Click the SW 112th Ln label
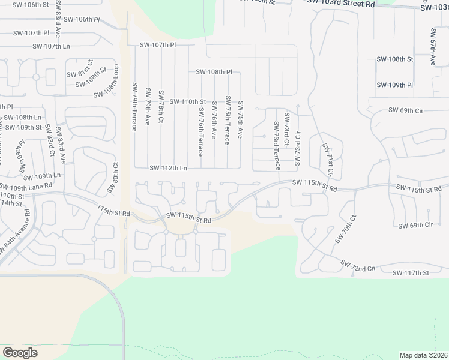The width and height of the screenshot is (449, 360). click(x=168, y=168)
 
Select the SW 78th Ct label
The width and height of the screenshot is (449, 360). click(x=161, y=107)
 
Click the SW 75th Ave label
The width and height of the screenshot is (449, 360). click(x=240, y=120)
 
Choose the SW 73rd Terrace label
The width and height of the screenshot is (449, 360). click(x=277, y=145)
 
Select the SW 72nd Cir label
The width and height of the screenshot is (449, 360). click(x=358, y=265)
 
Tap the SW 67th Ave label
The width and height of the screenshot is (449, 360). click(x=432, y=46)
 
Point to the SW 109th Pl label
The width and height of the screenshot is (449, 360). click(x=394, y=85)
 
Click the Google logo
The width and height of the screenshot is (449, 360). click(x=20, y=353)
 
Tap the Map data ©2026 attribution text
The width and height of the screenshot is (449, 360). click(x=423, y=355)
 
